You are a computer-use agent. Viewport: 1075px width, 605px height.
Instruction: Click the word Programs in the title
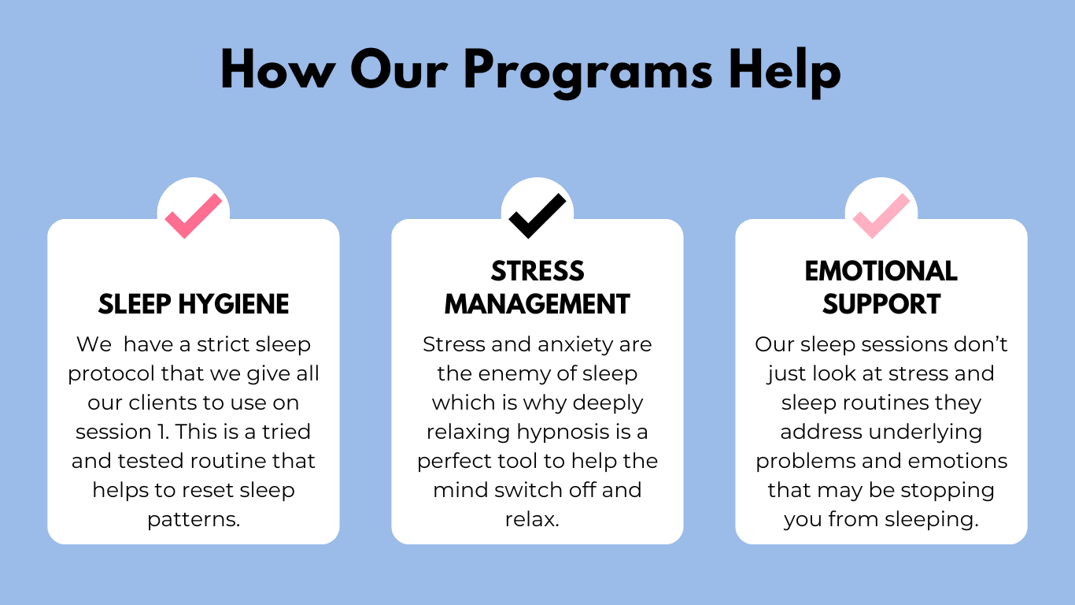(x=589, y=72)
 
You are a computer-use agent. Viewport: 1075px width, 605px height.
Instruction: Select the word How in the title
(x=278, y=69)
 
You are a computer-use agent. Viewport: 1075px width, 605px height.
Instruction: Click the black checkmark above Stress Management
(x=537, y=216)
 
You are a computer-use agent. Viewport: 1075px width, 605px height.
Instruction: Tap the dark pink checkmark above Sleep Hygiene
(x=194, y=216)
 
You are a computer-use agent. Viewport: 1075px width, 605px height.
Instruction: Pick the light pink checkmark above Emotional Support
(x=881, y=216)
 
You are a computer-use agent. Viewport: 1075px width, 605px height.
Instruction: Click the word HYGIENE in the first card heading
(x=234, y=304)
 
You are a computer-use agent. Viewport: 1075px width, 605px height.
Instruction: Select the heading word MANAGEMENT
(x=537, y=304)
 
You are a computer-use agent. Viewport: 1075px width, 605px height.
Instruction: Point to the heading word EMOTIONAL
(x=881, y=271)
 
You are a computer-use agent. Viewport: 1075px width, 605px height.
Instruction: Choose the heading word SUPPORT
(x=881, y=304)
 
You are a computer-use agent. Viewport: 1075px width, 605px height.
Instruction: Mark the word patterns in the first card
(x=194, y=520)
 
